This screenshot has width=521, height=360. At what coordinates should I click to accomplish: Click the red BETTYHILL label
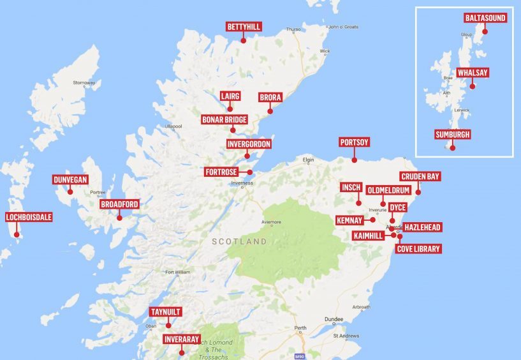(244, 27)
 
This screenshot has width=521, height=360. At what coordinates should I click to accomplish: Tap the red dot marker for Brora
(270, 111)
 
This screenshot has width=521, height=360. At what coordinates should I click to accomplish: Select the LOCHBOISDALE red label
(29, 217)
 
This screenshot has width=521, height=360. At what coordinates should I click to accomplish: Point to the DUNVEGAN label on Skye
(70, 180)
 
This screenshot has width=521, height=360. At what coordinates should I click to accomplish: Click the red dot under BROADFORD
(119, 218)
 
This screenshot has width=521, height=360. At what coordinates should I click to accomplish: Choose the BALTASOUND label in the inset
(485, 19)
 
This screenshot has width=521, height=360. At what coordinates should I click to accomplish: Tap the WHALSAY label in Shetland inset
(473, 73)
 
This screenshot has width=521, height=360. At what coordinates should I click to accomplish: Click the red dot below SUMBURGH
(453, 148)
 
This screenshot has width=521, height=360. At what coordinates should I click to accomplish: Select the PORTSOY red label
(355, 142)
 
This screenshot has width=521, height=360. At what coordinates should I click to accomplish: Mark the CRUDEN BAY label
(420, 176)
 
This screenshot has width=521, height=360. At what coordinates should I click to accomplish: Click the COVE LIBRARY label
(418, 249)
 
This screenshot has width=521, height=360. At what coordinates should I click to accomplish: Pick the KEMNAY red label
(349, 220)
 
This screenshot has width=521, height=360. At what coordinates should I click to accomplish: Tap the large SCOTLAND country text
(240, 242)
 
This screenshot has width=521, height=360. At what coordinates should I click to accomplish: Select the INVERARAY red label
(182, 339)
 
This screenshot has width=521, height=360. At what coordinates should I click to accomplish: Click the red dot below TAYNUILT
(168, 326)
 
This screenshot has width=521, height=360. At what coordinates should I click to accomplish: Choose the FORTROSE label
(222, 172)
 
